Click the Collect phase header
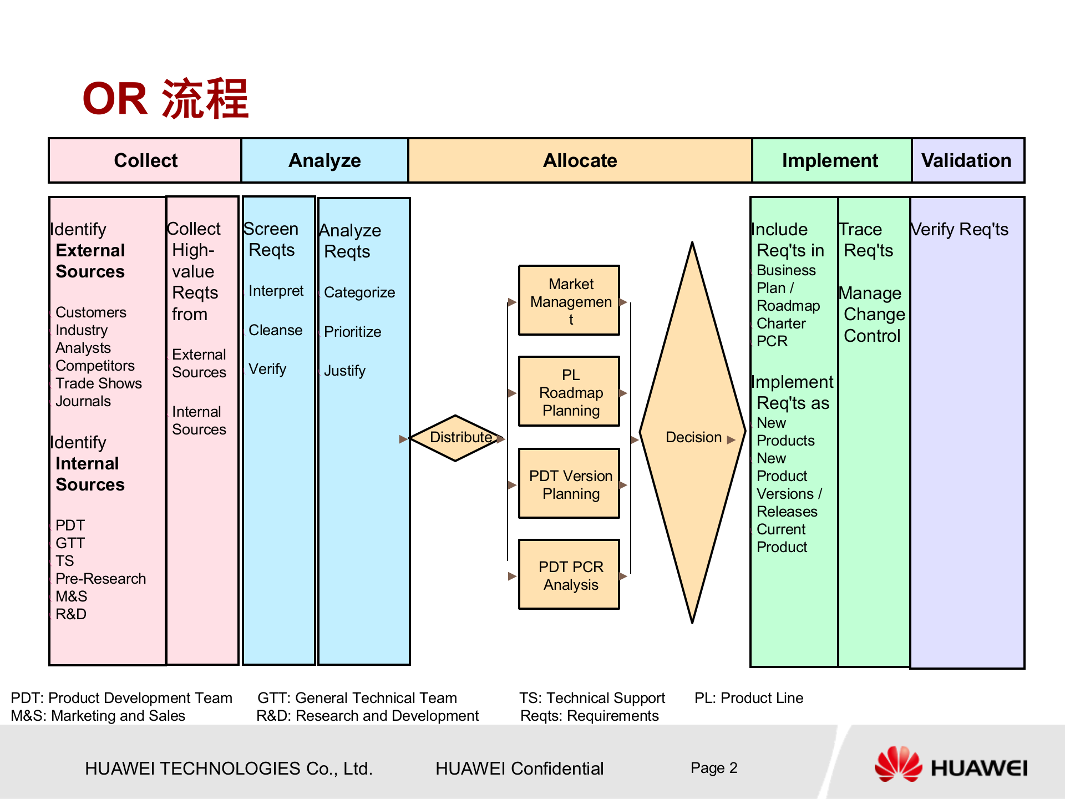click(x=145, y=160)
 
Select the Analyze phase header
click(x=324, y=160)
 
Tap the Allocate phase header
click(x=580, y=160)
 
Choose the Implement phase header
click(x=830, y=160)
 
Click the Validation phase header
click(x=966, y=160)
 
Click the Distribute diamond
click(x=456, y=438)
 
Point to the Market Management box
click(x=569, y=300)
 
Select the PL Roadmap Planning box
click(x=569, y=392)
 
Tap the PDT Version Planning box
click(x=569, y=484)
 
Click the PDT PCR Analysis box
click(x=569, y=575)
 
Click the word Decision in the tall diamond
click(x=693, y=437)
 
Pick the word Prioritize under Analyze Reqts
click(x=353, y=332)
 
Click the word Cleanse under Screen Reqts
click(x=276, y=330)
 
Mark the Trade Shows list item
click(x=99, y=383)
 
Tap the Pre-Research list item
click(x=101, y=579)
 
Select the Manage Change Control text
click(x=872, y=314)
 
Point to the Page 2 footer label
click(x=714, y=768)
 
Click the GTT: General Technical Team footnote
click(x=357, y=698)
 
